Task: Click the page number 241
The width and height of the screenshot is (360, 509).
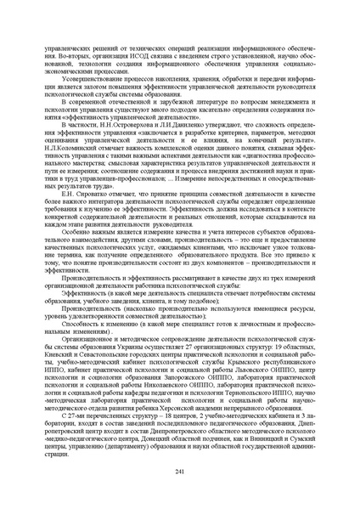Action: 179,472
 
